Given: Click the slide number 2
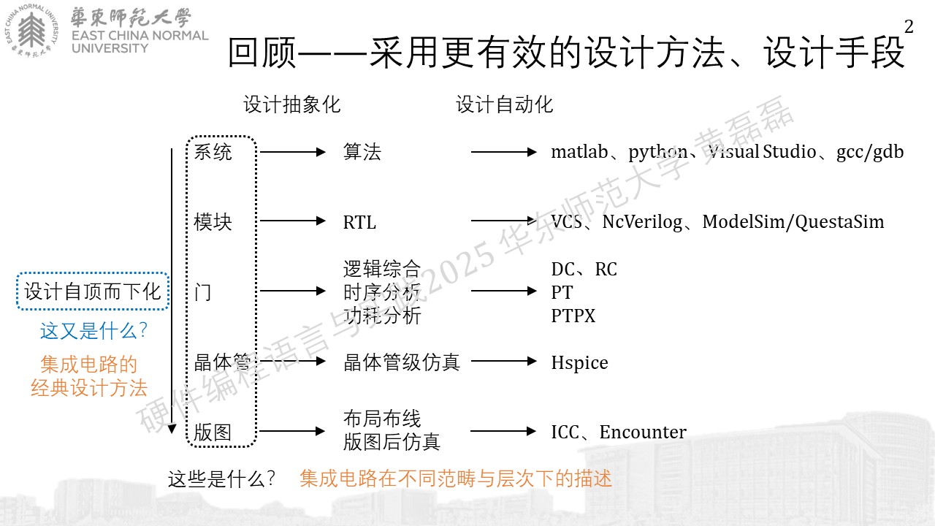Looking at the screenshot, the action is coord(909,27).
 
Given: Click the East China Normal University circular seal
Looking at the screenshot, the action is coord(31,31).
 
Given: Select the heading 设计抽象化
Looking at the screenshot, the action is coord(292,104).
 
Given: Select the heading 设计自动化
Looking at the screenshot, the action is coord(504,104).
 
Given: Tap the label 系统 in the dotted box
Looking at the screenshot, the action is coord(213,151).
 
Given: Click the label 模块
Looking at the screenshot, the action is coord(213,221).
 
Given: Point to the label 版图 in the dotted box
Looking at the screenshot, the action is coord(213,432).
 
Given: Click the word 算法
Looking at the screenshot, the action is coord(362,151).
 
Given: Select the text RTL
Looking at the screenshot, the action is coord(359,222).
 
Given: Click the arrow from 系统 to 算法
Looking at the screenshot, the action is coord(293,152).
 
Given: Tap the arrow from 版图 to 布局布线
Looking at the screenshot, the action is coord(292,431).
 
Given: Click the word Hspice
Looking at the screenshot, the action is coord(579,363).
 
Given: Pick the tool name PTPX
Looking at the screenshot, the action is coord(573,316).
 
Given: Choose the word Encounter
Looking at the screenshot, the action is coord(643,432).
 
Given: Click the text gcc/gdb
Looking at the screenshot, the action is coord(870,152).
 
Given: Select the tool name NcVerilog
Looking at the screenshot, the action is coord(642,222).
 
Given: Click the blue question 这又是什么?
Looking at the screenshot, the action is coord(93,331).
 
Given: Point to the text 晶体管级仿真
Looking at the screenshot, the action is coord(402,362).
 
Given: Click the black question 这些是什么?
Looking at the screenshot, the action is coord(221,479).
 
